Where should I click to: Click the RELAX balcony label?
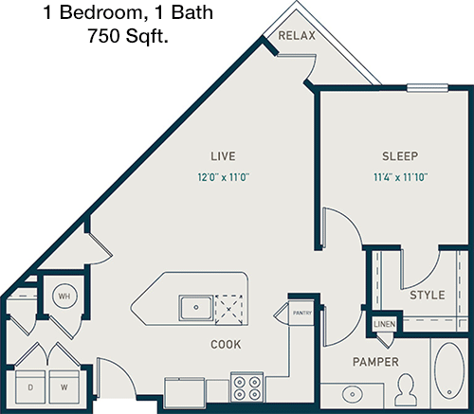[x=297, y=35]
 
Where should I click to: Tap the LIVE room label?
[x=223, y=156]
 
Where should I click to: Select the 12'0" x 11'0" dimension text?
[x=224, y=177]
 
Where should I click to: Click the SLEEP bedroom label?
[x=400, y=156]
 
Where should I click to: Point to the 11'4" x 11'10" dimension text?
[x=400, y=177]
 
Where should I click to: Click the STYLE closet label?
[x=428, y=295]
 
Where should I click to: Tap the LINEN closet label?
[x=384, y=324]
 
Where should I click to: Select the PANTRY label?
[x=302, y=313]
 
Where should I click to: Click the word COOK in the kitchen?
[x=226, y=344]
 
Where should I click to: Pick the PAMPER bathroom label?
[x=375, y=362]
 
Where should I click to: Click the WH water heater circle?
[x=64, y=297]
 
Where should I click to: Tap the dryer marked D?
[x=30, y=387]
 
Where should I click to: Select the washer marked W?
[x=64, y=387]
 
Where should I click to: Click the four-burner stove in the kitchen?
[x=246, y=387]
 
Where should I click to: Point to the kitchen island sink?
[x=196, y=307]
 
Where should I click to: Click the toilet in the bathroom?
[x=406, y=389]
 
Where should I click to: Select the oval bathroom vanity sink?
[x=353, y=394]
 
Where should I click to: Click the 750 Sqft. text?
[x=128, y=36]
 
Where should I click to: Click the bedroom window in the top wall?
[x=428, y=88]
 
